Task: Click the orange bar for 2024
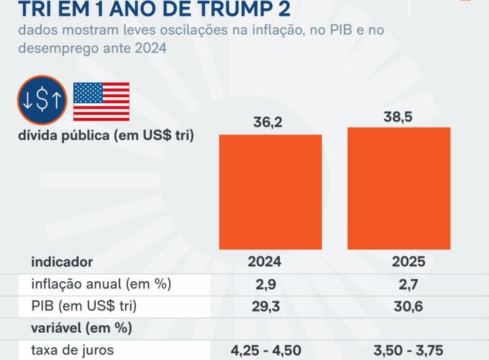pyautogui.click(x=270, y=192)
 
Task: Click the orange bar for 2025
pyautogui.click(x=399, y=188)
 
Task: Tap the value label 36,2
pyautogui.click(x=270, y=123)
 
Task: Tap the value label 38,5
pyautogui.click(x=399, y=115)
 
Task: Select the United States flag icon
pyautogui.click(x=101, y=102)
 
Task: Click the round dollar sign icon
pyautogui.click(x=42, y=101)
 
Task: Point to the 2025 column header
pyautogui.click(x=407, y=262)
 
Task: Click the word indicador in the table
pyautogui.click(x=62, y=262)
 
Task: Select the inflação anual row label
pyautogui.click(x=101, y=284)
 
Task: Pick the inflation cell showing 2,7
pyautogui.click(x=407, y=284)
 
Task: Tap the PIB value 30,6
pyautogui.click(x=407, y=306)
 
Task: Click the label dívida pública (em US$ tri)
pyautogui.click(x=106, y=135)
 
